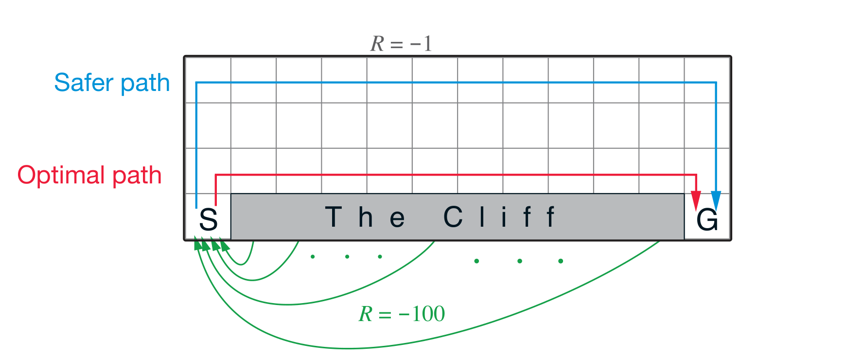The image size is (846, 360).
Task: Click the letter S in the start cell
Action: click(209, 219)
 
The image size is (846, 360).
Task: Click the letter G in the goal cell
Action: click(707, 220)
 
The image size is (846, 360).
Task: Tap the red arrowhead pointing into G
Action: click(696, 200)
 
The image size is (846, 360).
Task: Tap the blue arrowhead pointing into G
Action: click(716, 200)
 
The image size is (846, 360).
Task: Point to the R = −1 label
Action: click(401, 44)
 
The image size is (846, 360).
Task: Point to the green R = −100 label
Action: click(402, 314)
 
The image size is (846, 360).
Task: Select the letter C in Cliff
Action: click(453, 217)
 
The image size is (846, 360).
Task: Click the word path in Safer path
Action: click(145, 84)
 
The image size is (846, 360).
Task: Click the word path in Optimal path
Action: click(137, 176)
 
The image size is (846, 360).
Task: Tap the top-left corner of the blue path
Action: click(196, 83)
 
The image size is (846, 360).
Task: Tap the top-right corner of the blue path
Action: click(716, 83)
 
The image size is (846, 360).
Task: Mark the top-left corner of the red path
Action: click(216, 175)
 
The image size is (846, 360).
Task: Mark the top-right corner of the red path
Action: click(696, 175)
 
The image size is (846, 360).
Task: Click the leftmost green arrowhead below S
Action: click(197, 244)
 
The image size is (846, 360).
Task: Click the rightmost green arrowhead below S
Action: click(224, 244)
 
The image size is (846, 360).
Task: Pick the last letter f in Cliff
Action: click(550, 217)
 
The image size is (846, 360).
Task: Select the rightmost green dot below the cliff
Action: click(561, 261)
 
